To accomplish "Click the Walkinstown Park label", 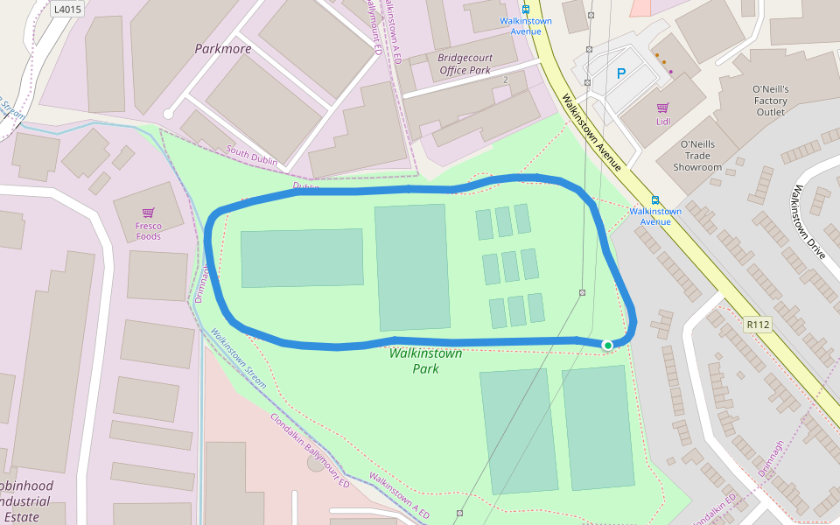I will (x=425, y=361).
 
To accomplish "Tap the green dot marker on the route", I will (x=607, y=346).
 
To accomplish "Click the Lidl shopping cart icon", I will (x=662, y=108).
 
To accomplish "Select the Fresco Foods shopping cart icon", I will (x=148, y=213).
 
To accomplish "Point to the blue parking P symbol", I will (x=621, y=74).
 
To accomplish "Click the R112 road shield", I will (x=758, y=325).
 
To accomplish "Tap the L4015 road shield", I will (x=66, y=9).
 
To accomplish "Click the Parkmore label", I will (x=222, y=49).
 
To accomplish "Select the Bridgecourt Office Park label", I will (x=465, y=64).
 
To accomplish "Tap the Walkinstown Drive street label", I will (x=808, y=222).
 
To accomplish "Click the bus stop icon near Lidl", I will (x=655, y=199).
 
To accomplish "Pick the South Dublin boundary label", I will (x=251, y=157).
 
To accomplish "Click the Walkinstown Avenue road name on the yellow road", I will (x=592, y=132).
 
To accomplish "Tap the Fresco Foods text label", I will (x=148, y=231).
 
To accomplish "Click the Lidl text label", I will (x=662, y=122).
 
